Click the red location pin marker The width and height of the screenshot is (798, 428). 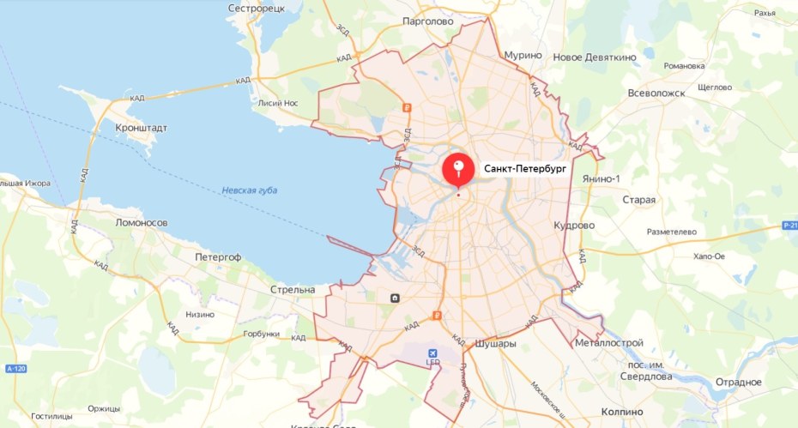458,169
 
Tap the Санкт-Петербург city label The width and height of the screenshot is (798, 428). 525,169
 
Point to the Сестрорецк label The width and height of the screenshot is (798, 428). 256,8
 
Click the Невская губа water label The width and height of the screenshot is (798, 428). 249,190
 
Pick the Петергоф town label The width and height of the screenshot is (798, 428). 218,257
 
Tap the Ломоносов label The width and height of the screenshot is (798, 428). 141,222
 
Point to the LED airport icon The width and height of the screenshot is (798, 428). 433,354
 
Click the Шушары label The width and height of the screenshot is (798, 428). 495,344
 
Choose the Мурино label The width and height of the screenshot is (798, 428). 523,55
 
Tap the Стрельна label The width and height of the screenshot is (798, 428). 293,290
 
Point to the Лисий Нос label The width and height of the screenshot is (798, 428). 277,103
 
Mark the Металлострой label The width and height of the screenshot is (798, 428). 609,344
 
